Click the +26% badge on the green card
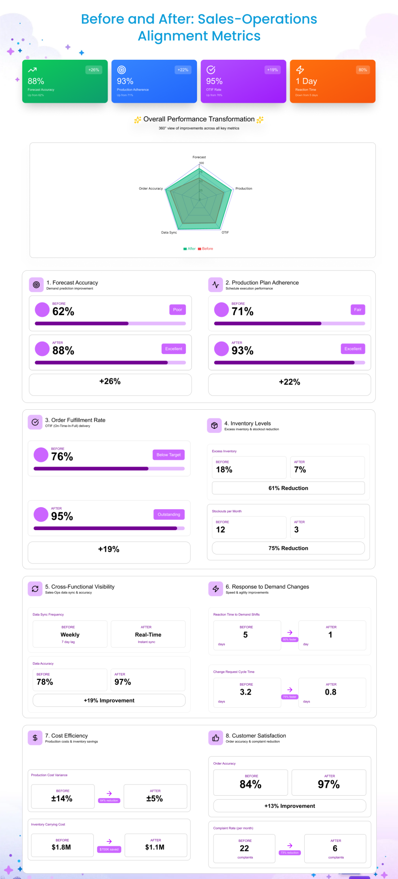pyautogui.click(x=94, y=70)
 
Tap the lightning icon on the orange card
pyautogui.click(x=300, y=70)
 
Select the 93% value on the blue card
pyautogui.click(x=125, y=81)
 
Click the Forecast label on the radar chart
pyautogui.click(x=199, y=157)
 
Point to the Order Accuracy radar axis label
pyautogui.click(x=151, y=189)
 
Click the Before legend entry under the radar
pyautogui.click(x=206, y=249)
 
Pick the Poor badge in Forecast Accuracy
pyautogui.click(x=177, y=310)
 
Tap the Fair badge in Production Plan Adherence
pyautogui.click(x=358, y=310)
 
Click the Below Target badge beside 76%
pyautogui.click(x=168, y=455)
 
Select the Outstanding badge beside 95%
pyautogui.click(x=169, y=514)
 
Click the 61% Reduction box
pyautogui.click(x=288, y=488)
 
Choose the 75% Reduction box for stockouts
pyautogui.click(x=288, y=548)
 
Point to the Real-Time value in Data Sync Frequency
pyautogui.click(x=148, y=635)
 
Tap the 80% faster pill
pyautogui.click(x=290, y=640)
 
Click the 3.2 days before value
pyautogui.click(x=246, y=692)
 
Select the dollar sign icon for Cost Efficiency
pyautogui.click(x=35, y=738)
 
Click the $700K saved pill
pyautogui.click(x=109, y=849)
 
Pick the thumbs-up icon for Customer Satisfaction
pyautogui.click(x=215, y=738)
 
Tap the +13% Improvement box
pyautogui.click(x=290, y=806)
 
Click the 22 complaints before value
pyautogui.click(x=244, y=848)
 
